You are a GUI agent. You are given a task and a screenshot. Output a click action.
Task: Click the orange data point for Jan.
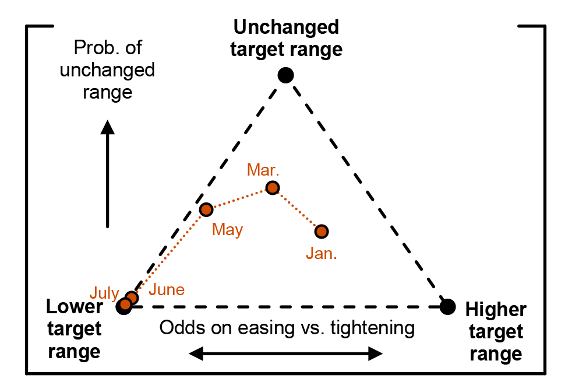click(x=322, y=232)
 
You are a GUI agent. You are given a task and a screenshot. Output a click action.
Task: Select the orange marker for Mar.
click(x=273, y=187)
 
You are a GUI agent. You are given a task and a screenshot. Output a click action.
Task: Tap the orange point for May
click(x=206, y=209)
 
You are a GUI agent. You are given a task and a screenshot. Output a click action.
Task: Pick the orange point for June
click(x=132, y=298)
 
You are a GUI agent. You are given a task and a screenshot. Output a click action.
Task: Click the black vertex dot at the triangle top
click(x=285, y=75)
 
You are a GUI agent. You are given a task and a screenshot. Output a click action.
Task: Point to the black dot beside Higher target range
click(x=447, y=306)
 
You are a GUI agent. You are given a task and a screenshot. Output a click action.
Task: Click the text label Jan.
click(x=322, y=254)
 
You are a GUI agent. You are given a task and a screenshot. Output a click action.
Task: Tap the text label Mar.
click(x=263, y=170)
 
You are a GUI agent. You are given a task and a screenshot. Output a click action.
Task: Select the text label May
click(x=227, y=230)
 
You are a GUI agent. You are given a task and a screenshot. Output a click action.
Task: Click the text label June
click(x=167, y=290)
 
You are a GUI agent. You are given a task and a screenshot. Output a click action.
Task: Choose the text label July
click(x=104, y=293)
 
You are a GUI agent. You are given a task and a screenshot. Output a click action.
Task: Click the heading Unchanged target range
click(x=286, y=38)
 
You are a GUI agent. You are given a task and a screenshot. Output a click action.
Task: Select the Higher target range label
click(x=496, y=332)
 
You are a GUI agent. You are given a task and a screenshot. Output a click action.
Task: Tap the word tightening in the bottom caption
click(x=372, y=328)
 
